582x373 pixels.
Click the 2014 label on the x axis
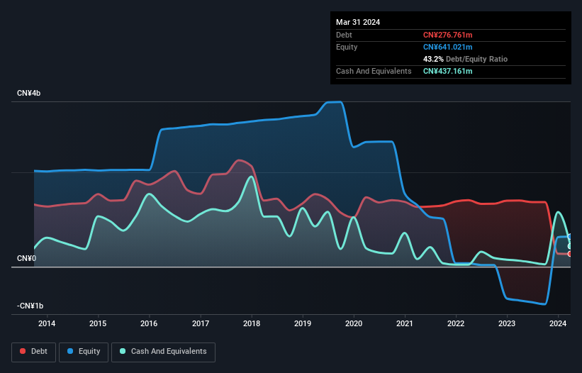[x=47, y=324]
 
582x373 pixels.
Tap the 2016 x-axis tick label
[x=150, y=324]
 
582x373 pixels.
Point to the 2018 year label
[x=252, y=324]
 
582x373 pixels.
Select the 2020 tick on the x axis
[x=354, y=324]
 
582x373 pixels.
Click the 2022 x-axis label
[x=456, y=324]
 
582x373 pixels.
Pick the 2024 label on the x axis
[x=559, y=324]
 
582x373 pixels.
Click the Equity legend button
[x=84, y=351]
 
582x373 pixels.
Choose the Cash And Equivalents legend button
[x=162, y=351]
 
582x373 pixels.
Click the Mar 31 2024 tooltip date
[x=358, y=22]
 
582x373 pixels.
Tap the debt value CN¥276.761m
[x=447, y=35]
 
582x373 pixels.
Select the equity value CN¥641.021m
[x=447, y=47]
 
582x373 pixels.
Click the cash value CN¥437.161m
[x=447, y=71]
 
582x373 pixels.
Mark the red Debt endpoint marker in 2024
[x=570, y=254]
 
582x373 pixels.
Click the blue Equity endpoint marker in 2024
[x=570, y=237]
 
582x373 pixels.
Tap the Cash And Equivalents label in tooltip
[x=374, y=71]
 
